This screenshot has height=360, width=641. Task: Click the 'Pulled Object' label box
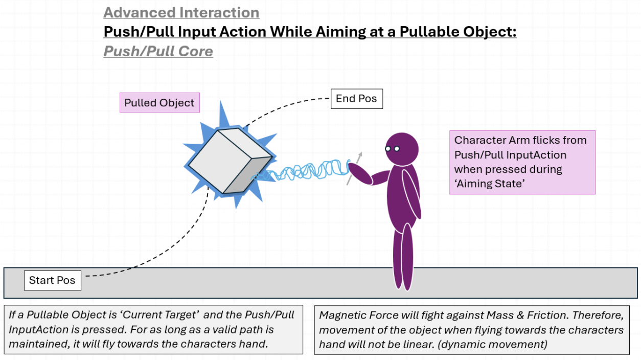pyautogui.click(x=159, y=103)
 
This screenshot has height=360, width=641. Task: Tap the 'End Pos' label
pyautogui.click(x=356, y=99)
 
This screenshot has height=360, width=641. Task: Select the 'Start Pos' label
pyautogui.click(x=52, y=280)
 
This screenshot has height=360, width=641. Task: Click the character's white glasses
pyautogui.click(x=392, y=149)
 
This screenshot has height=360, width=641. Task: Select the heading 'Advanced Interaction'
pyautogui.click(x=181, y=12)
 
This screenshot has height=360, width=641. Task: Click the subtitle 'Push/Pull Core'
pyautogui.click(x=158, y=51)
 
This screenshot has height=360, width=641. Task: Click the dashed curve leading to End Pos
pyautogui.click(x=286, y=105)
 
